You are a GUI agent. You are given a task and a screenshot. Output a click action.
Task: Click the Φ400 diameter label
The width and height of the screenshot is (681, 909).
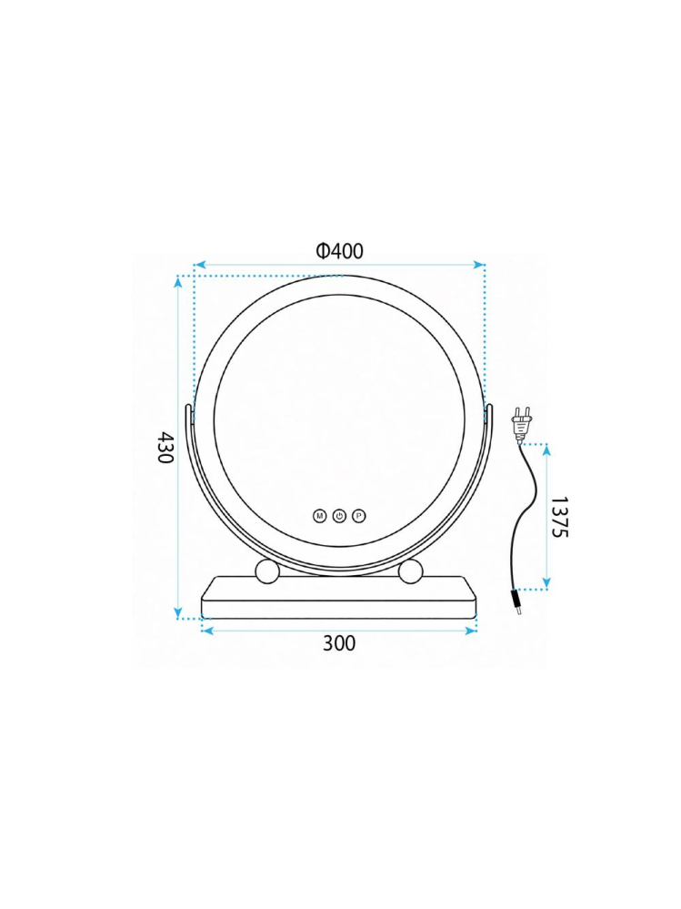pyautogui.click(x=339, y=251)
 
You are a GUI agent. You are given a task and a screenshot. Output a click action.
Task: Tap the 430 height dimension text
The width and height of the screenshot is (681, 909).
pyautogui.click(x=165, y=447)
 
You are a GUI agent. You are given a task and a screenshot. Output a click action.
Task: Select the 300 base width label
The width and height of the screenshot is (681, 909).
pyautogui.click(x=339, y=643)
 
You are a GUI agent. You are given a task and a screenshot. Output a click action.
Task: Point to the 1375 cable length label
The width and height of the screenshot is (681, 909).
pyautogui.click(x=559, y=517)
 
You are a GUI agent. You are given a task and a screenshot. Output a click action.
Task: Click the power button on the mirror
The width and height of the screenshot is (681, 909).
pyautogui.click(x=339, y=515)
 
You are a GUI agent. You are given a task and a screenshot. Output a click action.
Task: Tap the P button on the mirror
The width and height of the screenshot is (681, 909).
pyautogui.click(x=359, y=515)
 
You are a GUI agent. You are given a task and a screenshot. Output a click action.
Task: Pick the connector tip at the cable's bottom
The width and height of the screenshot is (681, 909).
pyautogui.click(x=516, y=604)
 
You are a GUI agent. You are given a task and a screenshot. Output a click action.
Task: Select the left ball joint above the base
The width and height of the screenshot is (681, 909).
pyautogui.click(x=267, y=571)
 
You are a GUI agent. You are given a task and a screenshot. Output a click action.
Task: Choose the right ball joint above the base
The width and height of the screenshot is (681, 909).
pyautogui.click(x=411, y=571)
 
